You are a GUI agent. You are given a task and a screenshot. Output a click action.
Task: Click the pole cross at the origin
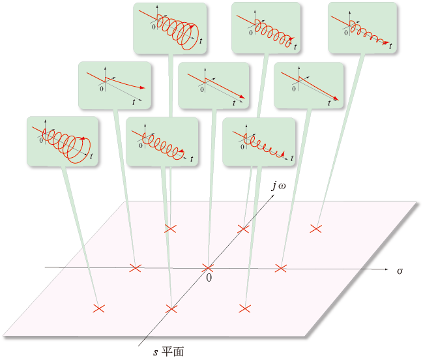tap(208, 268)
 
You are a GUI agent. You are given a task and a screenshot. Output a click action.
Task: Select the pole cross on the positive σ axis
tap(281, 268)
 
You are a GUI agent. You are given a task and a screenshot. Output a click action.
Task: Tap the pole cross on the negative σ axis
tap(135, 268)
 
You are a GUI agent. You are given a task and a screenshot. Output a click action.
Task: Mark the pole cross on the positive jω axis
tap(244, 228)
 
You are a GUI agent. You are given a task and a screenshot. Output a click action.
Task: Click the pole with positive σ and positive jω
tap(316, 228)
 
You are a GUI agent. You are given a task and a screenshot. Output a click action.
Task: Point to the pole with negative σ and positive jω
tap(171, 228)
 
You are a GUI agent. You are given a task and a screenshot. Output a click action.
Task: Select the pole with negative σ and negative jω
tap(98, 308)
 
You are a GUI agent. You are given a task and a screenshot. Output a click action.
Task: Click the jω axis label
tap(278, 187)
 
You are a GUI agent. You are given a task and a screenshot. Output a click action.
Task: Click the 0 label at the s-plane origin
tap(209, 278)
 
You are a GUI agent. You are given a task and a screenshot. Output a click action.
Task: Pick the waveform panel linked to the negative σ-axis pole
tap(115, 85)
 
